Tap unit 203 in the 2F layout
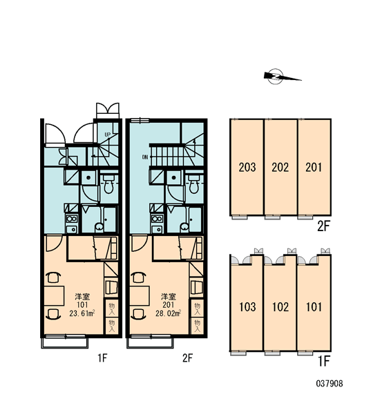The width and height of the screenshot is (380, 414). pyautogui.click(x=247, y=168)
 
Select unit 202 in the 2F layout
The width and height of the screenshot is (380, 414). pyautogui.click(x=281, y=168)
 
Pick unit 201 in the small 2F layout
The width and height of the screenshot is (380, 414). pyautogui.click(x=314, y=168)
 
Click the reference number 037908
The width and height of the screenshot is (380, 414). pyautogui.click(x=330, y=384)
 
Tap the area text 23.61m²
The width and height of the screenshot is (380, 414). pyautogui.click(x=82, y=313)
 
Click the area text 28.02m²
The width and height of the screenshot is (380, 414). pyautogui.click(x=168, y=313)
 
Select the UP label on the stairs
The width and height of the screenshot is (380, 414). pyautogui.click(x=107, y=135)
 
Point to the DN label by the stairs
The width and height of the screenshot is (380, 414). pyautogui.click(x=145, y=157)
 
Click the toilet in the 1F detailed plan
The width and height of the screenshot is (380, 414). pyautogui.click(x=108, y=184)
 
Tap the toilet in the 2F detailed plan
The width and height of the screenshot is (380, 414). pyautogui.click(x=194, y=184)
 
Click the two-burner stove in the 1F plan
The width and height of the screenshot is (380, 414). pyautogui.click(x=72, y=219)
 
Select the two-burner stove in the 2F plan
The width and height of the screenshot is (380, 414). pyautogui.click(x=157, y=219)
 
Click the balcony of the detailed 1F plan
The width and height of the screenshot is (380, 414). pyautogui.click(x=64, y=343)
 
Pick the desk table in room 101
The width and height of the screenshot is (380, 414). pyautogui.click(x=54, y=296)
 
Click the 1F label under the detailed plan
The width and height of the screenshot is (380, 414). pyautogui.click(x=102, y=358)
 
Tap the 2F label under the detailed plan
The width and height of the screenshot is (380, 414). pyautogui.click(x=187, y=358)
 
